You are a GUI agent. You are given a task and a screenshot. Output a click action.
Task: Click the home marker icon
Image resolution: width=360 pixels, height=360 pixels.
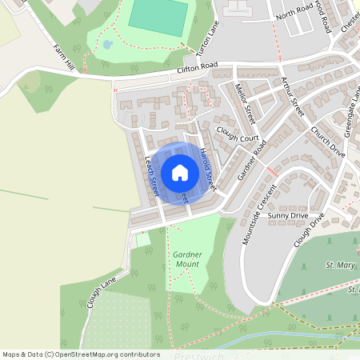point(180,173)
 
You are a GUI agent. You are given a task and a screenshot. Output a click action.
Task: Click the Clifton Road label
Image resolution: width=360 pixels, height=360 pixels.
point(198,70)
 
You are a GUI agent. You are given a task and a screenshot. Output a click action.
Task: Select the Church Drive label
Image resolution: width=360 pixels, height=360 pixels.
point(327,142)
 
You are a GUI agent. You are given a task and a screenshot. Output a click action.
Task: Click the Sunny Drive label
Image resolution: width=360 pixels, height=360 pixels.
point(288,216)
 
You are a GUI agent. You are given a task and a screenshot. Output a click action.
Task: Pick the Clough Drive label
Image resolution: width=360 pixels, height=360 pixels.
point(310,230)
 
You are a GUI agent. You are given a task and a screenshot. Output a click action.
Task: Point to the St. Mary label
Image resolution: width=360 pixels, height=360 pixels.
point(341,264)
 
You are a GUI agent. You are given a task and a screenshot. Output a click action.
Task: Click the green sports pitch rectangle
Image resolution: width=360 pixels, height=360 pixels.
point(158,16)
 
